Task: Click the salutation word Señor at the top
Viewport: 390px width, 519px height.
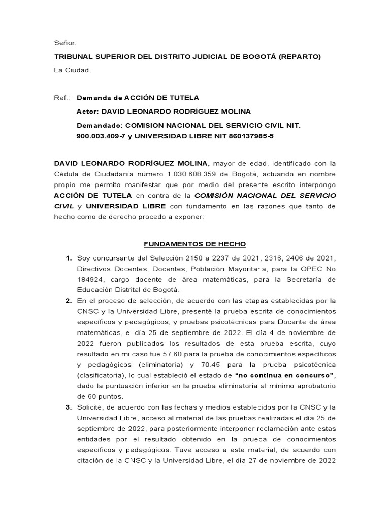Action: point(65,43)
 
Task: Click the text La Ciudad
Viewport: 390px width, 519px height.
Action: point(73,70)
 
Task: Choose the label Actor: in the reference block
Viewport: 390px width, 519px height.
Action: point(87,112)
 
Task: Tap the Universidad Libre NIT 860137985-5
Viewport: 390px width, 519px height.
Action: point(253,136)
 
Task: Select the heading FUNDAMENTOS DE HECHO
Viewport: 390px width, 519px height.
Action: point(194,244)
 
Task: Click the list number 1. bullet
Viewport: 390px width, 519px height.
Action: point(69,258)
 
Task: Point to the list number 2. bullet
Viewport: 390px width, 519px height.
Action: point(69,301)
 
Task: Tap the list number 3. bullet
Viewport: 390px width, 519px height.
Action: point(69,407)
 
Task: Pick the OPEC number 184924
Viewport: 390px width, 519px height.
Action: point(90,280)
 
